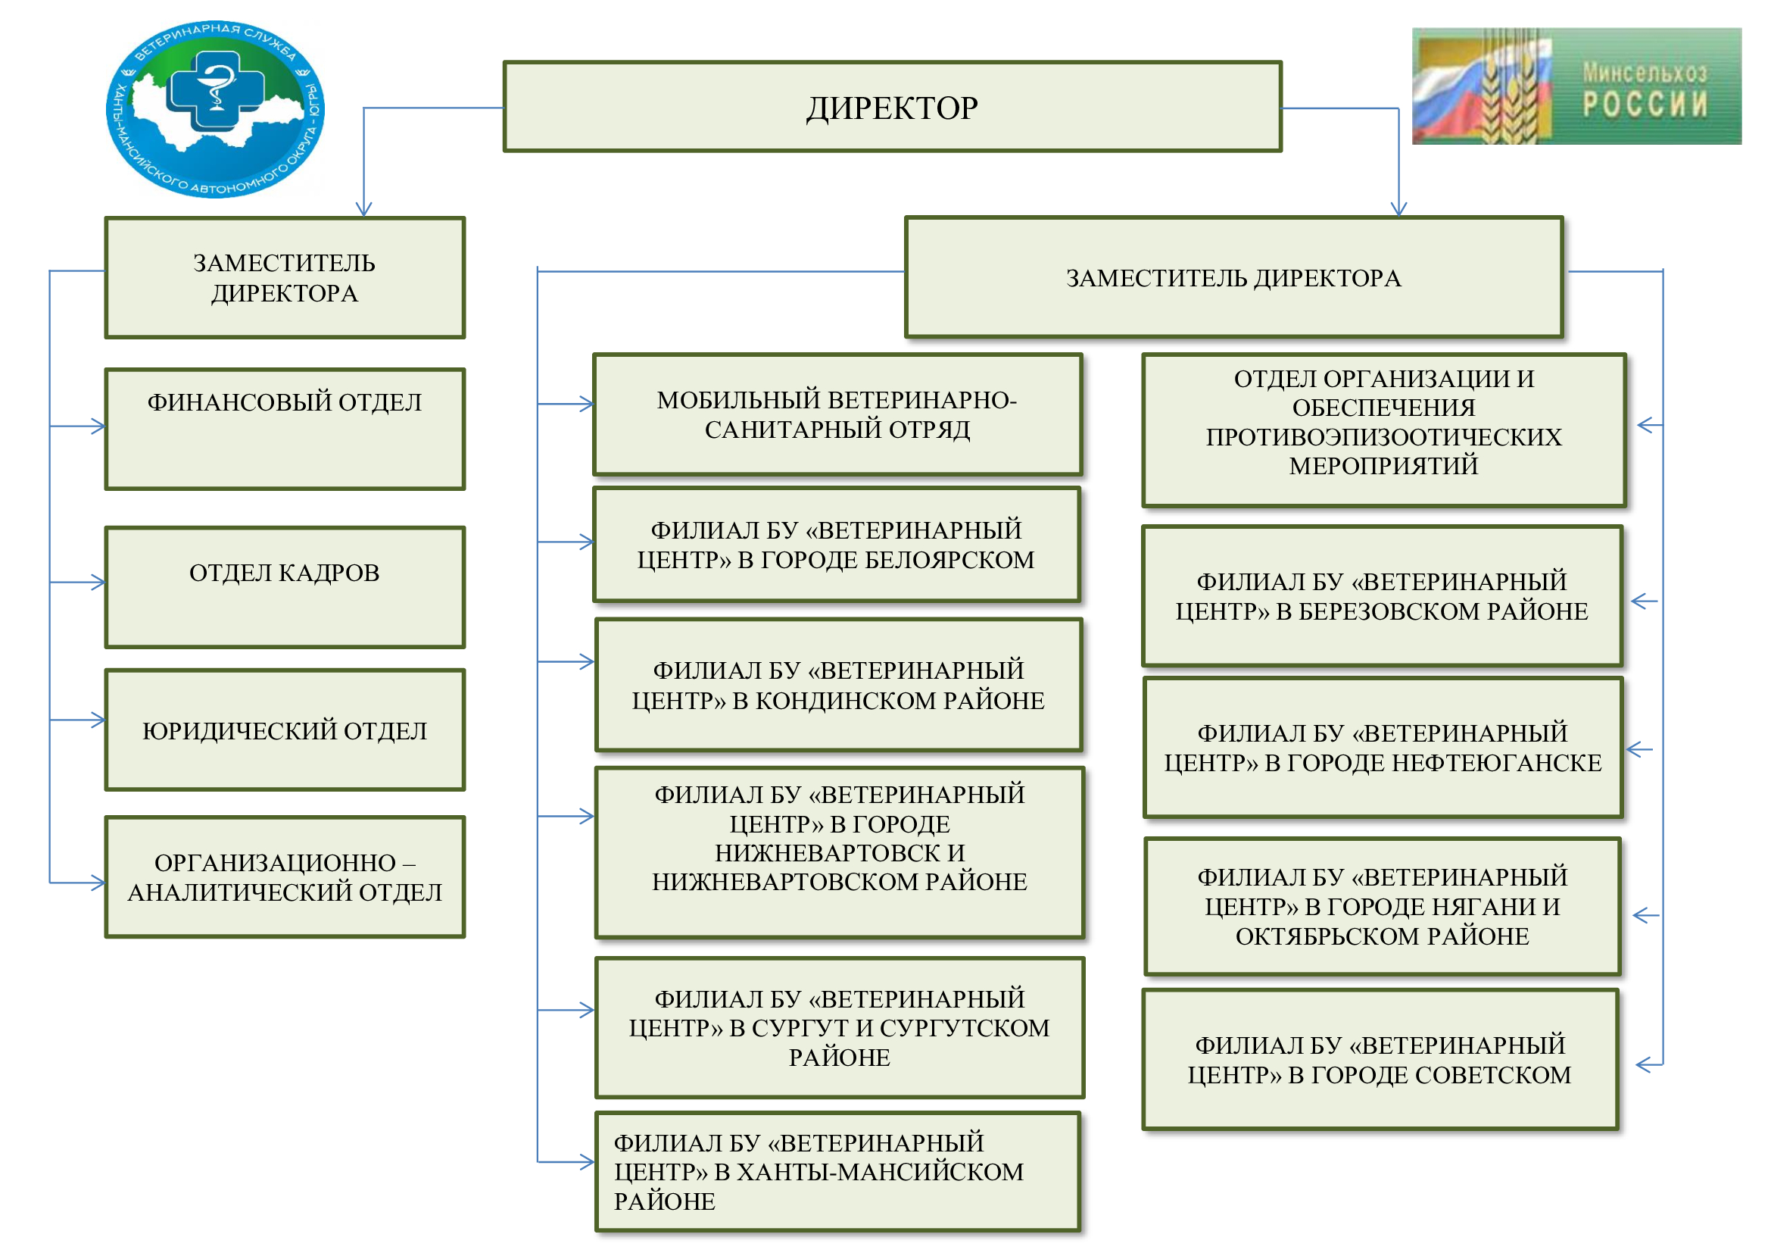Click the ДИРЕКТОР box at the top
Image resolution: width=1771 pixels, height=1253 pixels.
click(892, 107)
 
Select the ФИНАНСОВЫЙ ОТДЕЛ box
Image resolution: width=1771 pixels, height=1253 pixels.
click(285, 428)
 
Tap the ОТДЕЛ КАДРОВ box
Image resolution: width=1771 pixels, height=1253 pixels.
click(285, 586)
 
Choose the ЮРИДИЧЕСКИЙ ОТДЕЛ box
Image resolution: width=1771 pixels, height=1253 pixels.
click(285, 729)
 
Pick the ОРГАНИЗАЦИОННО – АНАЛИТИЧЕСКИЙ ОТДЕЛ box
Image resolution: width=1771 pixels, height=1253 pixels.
click(285, 876)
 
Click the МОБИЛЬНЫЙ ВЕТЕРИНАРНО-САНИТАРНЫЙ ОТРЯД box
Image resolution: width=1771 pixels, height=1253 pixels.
click(837, 414)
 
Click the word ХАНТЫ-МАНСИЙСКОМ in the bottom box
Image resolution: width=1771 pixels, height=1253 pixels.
click(880, 1172)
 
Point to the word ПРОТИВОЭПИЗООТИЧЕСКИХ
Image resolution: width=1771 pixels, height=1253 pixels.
click(1384, 436)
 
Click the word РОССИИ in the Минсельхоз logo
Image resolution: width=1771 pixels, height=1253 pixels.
click(1645, 104)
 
